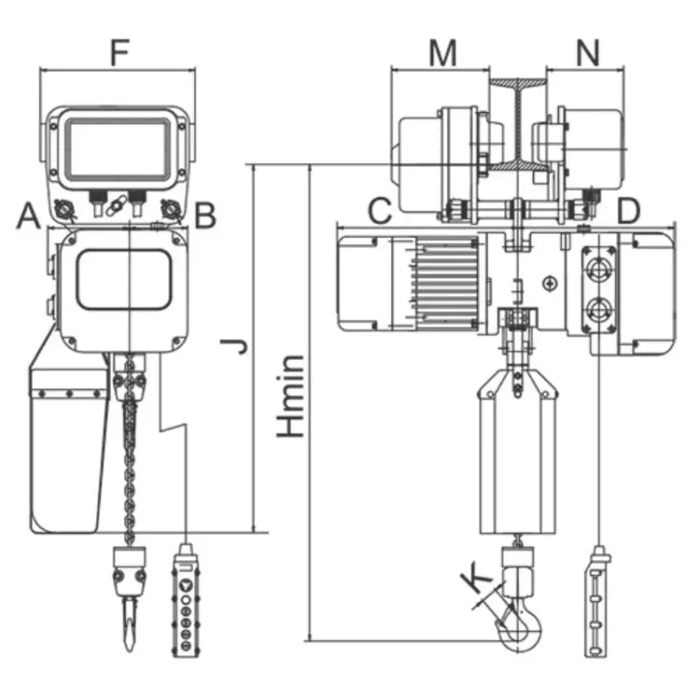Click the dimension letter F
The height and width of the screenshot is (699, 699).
[118, 52]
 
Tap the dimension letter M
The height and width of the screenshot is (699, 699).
[443, 53]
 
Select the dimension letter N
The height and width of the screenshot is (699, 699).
[586, 53]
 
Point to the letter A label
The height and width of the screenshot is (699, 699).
[28, 216]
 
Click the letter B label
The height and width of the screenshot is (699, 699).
[206, 216]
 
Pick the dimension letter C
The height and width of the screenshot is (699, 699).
[378, 211]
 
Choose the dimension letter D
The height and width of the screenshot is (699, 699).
[629, 211]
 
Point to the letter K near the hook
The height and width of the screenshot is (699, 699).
[478, 579]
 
